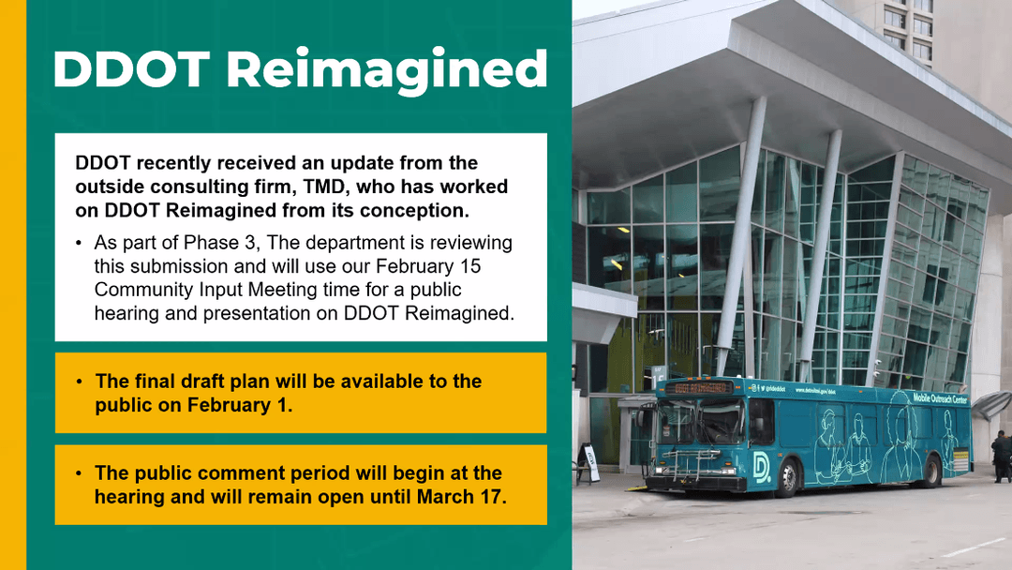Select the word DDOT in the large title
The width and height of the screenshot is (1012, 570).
132,68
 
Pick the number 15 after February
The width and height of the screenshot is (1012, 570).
469,266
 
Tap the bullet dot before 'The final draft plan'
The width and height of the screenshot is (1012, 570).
80,382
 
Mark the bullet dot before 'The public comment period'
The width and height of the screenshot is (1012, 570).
79,473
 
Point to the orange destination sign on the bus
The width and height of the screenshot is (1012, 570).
699,388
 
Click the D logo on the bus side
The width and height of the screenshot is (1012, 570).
762,465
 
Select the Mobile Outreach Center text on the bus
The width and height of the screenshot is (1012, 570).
941,398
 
